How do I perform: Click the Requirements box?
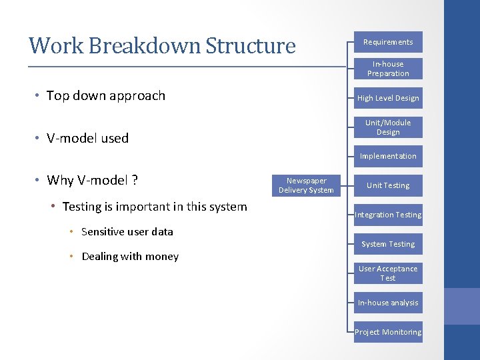[x=387, y=42]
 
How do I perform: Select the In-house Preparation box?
[x=387, y=69]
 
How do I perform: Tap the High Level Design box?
[x=387, y=98]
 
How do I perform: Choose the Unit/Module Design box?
[x=387, y=127]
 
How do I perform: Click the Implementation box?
[x=387, y=156]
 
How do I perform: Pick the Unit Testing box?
[x=387, y=185]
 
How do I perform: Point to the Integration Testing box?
[x=387, y=215]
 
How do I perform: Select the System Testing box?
[x=387, y=244]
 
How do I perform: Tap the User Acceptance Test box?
[x=387, y=273]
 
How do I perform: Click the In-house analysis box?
[x=387, y=303]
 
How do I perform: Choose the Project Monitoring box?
[x=387, y=332]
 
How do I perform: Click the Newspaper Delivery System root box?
[x=306, y=185]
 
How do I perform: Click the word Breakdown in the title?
[x=144, y=45]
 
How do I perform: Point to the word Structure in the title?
[x=250, y=45]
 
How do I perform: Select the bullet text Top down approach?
[x=105, y=95]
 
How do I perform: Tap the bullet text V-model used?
[x=87, y=138]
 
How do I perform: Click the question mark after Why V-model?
[x=135, y=180]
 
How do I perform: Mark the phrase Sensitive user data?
[x=127, y=232]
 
